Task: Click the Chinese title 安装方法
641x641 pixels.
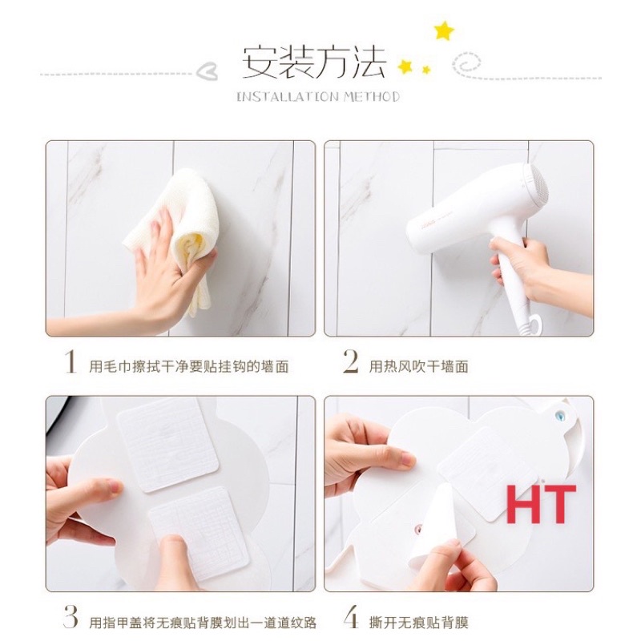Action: pyautogui.click(x=315, y=62)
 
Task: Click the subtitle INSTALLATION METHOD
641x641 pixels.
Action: pyautogui.click(x=318, y=97)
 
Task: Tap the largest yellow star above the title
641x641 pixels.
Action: pyautogui.click(x=443, y=30)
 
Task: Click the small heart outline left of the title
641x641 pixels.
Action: pyautogui.click(x=208, y=71)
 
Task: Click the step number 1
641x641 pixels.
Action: pyautogui.click(x=71, y=364)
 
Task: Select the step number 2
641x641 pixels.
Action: pyautogui.click(x=350, y=364)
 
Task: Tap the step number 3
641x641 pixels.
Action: pyautogui.click(x=71, y=619)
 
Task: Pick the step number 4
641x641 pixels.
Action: pyautogui.click(x=350, y=619)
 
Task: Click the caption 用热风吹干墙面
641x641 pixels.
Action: pyautogui.click(x=418, y=366)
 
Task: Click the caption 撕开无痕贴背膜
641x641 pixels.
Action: pyautogui.click(x=418, y=622)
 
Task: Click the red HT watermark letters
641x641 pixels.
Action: pyautogui.click(x=541, y=504)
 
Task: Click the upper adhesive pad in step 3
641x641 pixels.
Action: pyautogui.click(x=167, y=444)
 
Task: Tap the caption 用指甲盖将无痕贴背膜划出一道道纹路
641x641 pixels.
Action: pyautogui.click(x=202, y=622)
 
